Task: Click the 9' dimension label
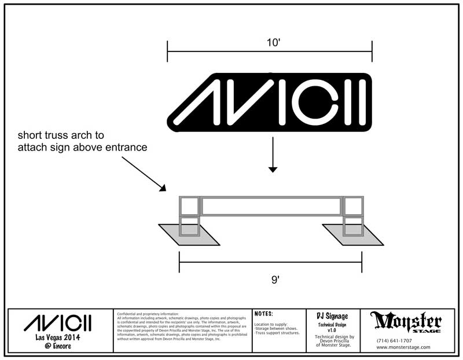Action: pos(275,280)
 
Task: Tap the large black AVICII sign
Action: pos(270,103)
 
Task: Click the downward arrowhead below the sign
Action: pos(273,169)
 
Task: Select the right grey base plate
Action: pos(353,234)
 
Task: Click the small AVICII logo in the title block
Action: pos(57,322)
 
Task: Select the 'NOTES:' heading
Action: pos(264,314)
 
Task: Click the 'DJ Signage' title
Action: pos(332,316)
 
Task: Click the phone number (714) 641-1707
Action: pos(394,340)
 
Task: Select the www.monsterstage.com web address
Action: pos(403,347)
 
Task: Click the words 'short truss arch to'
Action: pos(61,135)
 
